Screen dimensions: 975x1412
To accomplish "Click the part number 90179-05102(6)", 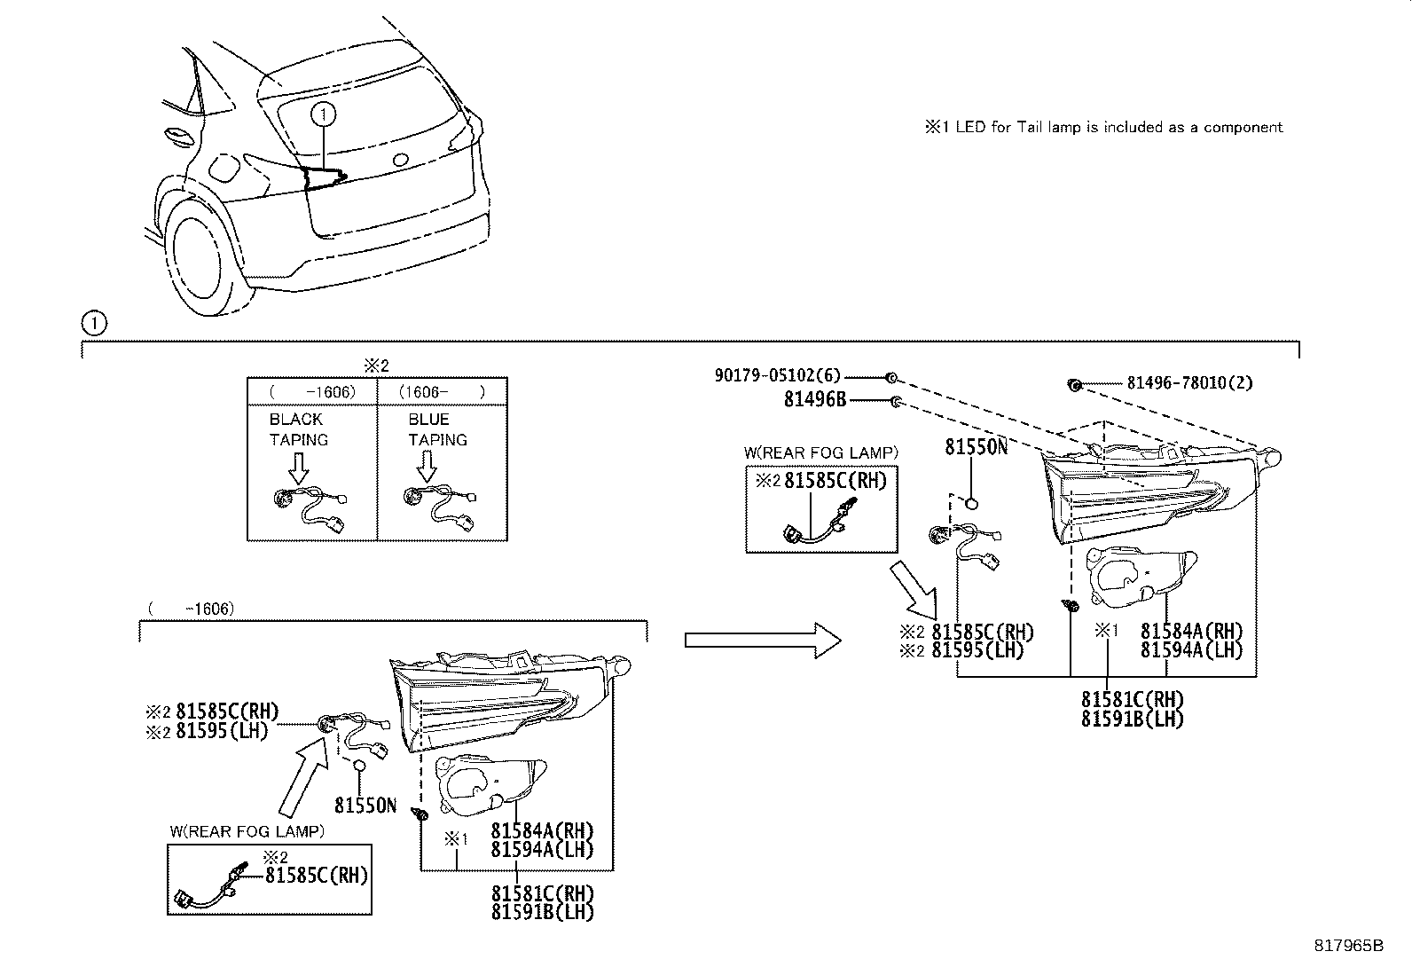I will pyautogui.click(x=777, y=375).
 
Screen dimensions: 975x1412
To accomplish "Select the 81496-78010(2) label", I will pyautogui.click(x=1189, y=383).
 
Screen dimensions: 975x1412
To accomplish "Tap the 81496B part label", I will pyautogui.click(x=814, y=400).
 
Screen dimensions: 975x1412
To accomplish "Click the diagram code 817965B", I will pyautogui.click(x=1348, y=946).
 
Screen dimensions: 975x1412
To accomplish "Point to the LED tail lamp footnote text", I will pyautogui.click(x=1104, y=128).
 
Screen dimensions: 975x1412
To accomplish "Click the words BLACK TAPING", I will pyautogui.click(x=298, y=429).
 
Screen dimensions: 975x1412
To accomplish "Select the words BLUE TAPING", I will pyautogui.click(x=436, y=429).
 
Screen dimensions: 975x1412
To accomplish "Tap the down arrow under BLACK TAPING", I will pyautogui.click(x=298, y=467).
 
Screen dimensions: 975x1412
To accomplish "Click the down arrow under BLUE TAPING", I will pyautogui.click(x=427, y=467).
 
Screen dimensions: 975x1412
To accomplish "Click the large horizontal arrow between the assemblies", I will pyautogui.click(x=762, y=639).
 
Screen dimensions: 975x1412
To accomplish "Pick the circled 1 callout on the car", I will pyautogui.click(x=325, y=114).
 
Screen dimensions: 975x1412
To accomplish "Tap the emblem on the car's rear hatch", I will pyautogui.click(x=400, y=161).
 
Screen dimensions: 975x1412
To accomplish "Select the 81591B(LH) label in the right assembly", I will pyautogui.click(x=1132, y=719).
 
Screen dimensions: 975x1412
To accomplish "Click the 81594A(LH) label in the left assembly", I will pyautogui.click(x=541, y=849).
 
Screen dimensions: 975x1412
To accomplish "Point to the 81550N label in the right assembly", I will pyautogui.click(x=976, y=446).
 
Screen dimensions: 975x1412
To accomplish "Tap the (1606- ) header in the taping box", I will pyautogui.click(x=442, y=391).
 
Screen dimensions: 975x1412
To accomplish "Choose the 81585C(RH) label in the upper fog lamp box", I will pyautogui.click(x=835, y=481).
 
